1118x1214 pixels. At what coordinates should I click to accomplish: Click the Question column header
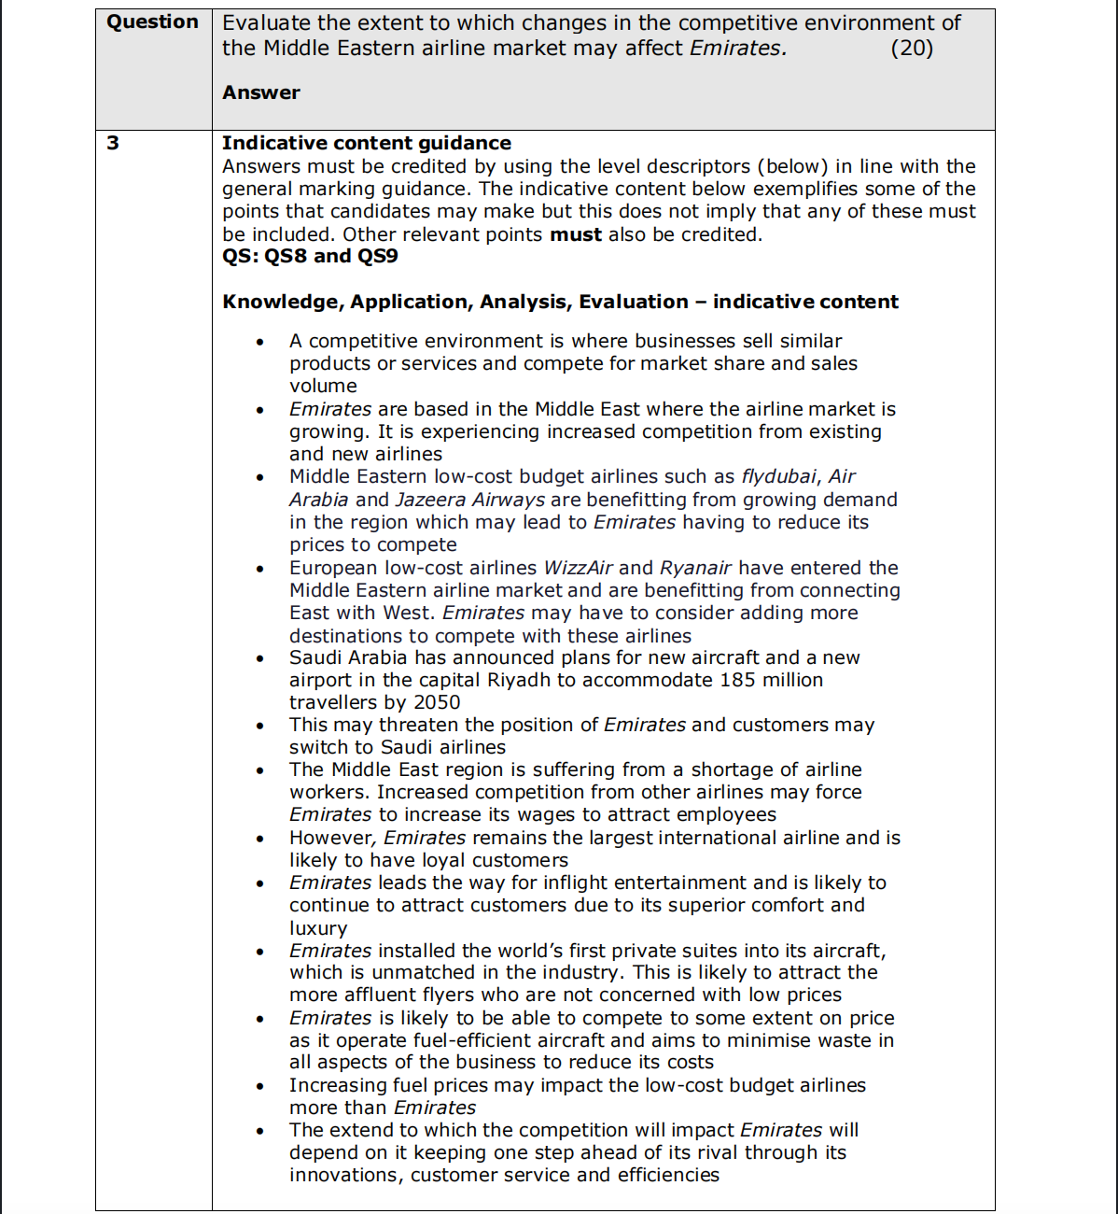(x=152, y=22)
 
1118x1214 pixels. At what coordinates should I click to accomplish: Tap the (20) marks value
(x=911, y=48)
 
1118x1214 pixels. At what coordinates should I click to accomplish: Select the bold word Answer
(x=261, y=92)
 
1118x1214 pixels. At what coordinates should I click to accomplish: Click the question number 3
(x=113, y=143)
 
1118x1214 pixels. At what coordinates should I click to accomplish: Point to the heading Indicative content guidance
(x=366, y=143)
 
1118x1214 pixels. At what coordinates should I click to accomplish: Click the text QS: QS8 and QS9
(x=310, y=256)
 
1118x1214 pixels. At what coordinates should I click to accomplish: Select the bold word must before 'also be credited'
(x=575, y=234)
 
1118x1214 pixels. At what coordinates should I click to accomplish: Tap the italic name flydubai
(x=778, y=476)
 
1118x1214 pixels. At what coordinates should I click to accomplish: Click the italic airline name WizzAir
(x=578, y=568)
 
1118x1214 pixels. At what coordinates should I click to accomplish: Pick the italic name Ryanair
(x=695, y=568)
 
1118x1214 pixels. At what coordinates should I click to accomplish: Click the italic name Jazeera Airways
(x=469, y=500)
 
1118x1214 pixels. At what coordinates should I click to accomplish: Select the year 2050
(x=437, y=702)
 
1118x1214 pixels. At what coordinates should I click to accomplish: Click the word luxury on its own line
(x=318, y=928)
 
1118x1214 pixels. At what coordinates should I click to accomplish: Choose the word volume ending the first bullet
(x=323, y=386)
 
